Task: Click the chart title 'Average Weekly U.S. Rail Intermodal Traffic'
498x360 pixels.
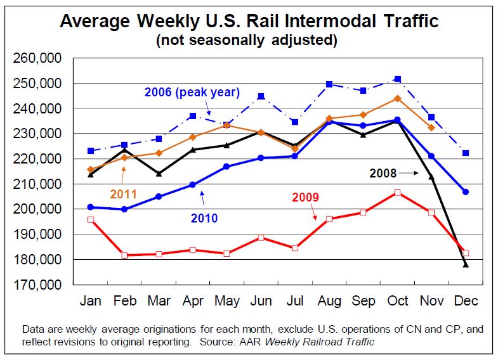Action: (x=249, y=21)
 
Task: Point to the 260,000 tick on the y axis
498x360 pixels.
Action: (x=37, y=59)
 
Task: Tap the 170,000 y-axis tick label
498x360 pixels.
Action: (x=37, y=285)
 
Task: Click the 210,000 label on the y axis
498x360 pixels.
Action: (x=37, y=184)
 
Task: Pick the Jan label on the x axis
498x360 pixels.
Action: (x=91, y=300)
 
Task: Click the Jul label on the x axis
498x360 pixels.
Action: (x=294, y=300)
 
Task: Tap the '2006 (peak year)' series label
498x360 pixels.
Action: (x=192, y=92)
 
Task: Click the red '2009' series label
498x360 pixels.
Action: (x=305, y=197)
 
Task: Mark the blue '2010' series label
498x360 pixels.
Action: (x=204, y=218)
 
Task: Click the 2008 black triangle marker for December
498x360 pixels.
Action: (x=466, y=265)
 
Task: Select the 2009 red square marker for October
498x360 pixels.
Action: (x=398, y=193)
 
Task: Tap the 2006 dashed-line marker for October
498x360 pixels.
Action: (x=398, y=79)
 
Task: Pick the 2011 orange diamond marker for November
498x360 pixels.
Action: (x=431, y=127)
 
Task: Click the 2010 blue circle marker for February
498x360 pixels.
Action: (x=124, y=209)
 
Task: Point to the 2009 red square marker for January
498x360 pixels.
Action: (x=91, y=219)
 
